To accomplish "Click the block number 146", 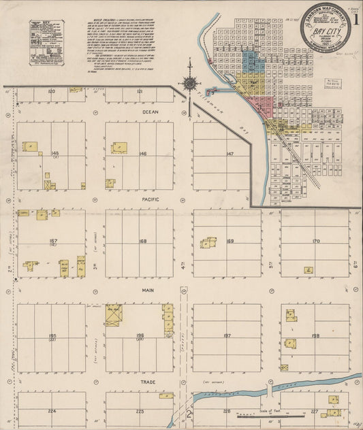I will [143, 154].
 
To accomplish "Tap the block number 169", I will [230, 241].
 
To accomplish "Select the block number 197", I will [227, 335].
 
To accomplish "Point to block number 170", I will [315, 241].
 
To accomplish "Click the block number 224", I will [50, 412].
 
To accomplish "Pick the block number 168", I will [142, 241].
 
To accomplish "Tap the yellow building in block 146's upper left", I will [120, 148].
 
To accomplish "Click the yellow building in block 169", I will [209, 243].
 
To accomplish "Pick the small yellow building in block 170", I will [309, 270].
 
